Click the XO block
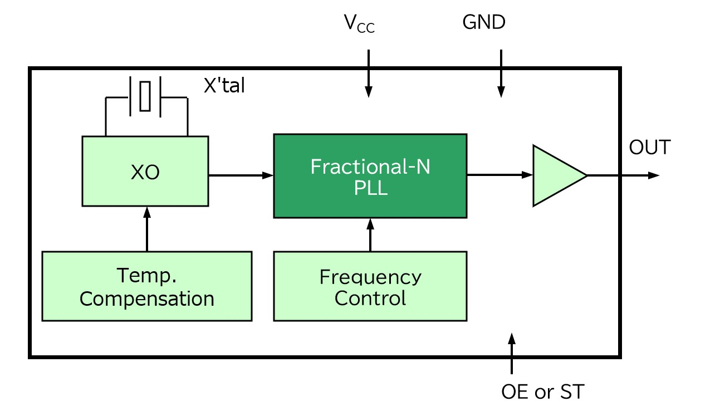(145, 172)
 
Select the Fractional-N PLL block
(370, 175)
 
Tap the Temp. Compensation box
(147, 286)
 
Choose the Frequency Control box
(370, 286)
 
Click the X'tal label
(224, 86)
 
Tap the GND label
(483, 23)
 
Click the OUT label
(650, 148)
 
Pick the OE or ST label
(543, 392)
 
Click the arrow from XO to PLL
(241, 175)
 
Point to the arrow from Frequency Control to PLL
(370, 234)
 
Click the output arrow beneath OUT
(624, 175)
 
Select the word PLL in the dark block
(370, 188)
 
